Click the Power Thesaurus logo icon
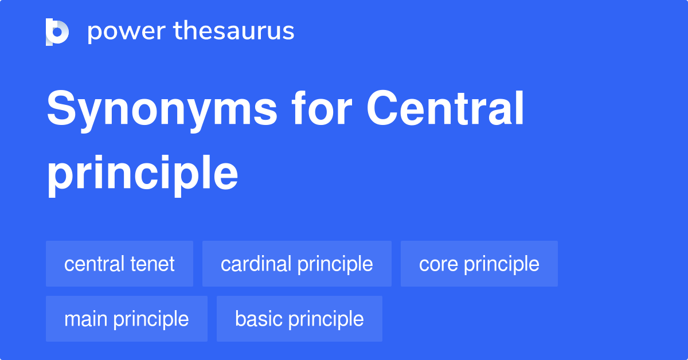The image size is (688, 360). click(57, 32)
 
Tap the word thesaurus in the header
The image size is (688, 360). click(234, 32)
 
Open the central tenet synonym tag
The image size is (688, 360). click(119, 264)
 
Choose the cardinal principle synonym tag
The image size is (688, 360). click(296, 264)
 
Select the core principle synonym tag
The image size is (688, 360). click(479, 264)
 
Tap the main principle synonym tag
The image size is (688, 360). click(126, 319)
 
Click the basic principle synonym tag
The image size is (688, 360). click(299, 319)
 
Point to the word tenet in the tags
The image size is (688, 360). click(153, 264)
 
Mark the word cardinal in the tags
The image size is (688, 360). click(256, 264)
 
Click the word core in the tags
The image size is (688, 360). click(439, 264)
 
